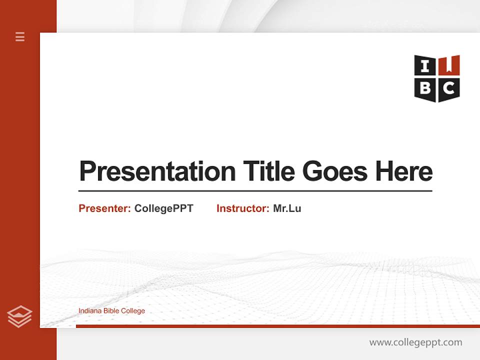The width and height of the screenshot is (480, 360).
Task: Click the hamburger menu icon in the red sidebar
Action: [20, 36]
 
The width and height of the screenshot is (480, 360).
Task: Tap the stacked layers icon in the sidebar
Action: [19, 316]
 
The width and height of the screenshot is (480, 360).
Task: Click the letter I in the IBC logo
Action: [425, 66]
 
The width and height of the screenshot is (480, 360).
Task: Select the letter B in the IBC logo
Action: [425, 88]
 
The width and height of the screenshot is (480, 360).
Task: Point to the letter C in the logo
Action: [449, 88]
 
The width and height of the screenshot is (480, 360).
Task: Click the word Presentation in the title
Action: [157, 171]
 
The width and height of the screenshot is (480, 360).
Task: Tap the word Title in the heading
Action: [268, 171]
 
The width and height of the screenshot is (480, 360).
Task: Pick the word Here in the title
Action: [404, 171]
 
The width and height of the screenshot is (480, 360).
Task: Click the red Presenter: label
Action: [105, 208]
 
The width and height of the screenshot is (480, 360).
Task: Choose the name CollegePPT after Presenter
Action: [163, 208]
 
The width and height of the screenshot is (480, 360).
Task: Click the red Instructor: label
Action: [243, 208]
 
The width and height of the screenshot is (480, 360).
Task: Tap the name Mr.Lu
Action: [287, 208]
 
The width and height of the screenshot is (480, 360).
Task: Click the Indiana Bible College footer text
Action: [111, 311]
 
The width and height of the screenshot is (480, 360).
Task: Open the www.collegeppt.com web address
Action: [415, 342]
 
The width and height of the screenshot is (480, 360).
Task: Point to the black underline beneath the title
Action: [255, 191]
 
